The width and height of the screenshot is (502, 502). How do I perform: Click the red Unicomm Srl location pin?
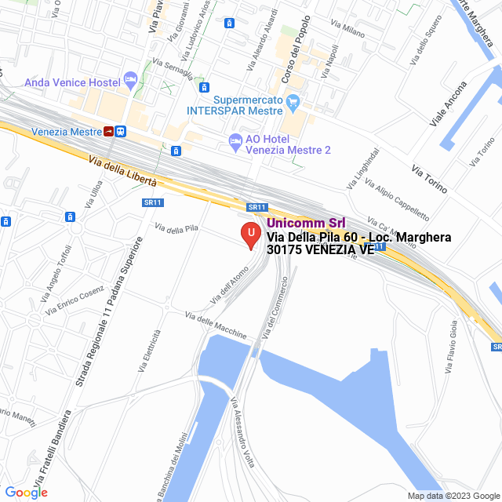click(x=250, y=235)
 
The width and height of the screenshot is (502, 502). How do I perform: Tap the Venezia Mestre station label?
click(x=66, y=131)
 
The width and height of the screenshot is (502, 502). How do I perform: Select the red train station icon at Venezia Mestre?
click(x=107, y=131)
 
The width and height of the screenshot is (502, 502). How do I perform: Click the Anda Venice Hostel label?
click(x=71, y=82)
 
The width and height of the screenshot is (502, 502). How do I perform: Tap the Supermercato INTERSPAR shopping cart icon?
click(x=293, y=100)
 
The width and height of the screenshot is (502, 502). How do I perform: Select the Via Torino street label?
click(x=430, y=180)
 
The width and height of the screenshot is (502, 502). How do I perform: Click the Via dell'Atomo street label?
click(x=229, y=286)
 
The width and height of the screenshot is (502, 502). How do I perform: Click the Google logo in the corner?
click(x=27, y=492)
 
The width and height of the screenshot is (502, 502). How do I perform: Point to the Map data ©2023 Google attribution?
click(x=453, y=496)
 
